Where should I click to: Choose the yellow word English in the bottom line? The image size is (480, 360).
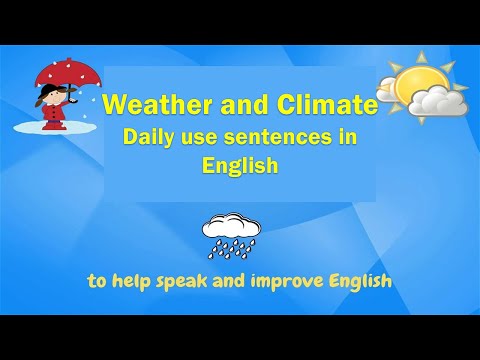coord(357,281)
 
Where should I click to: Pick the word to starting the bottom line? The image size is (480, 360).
coord(97,281)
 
